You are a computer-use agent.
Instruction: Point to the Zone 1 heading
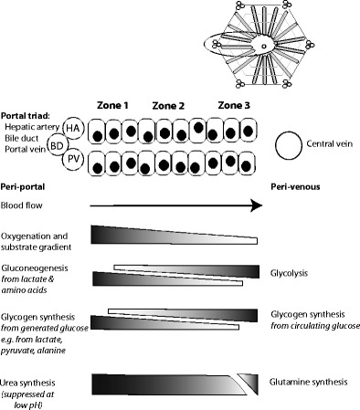click(x=112, y=105)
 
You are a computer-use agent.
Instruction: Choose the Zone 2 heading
click(x=168, y=106)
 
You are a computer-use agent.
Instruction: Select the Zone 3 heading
click(x=234, y=105)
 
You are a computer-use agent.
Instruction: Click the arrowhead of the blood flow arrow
click(x=257, y=205)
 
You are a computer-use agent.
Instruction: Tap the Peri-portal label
click(x=23, y=186)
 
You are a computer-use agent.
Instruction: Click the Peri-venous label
click(x=295, y=186)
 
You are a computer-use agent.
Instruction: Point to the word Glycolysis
click(x=289, y=273)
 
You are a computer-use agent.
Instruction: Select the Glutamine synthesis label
click(x=308, y=382)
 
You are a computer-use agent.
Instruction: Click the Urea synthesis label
click(x=27, y=383)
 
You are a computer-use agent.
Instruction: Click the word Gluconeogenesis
click(x=35, y=268)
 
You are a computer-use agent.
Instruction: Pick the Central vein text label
click(x=330, y=143)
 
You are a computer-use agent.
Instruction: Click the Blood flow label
click(x=21, y=205)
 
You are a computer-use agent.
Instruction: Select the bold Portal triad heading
click(x=26, y=116)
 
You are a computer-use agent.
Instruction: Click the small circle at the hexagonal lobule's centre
click(x=264, y=47)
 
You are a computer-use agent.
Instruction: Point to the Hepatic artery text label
click(x=32, y=127)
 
